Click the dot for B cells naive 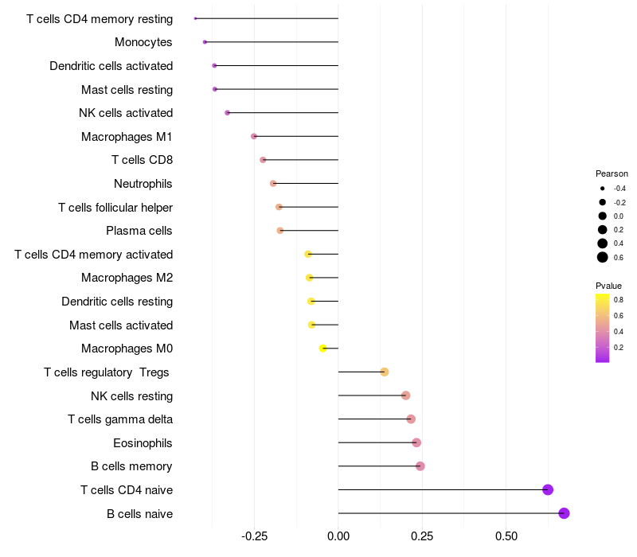click(564, 513)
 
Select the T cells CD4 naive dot click(548, 489)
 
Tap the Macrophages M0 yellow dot click(323, 349)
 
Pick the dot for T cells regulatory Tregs click(384, 372)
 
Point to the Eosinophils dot click(416, 442)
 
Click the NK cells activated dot click(228, 113)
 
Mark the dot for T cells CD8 click(263, 160)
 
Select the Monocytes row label click(143, 42)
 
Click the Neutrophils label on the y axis click(143, 184)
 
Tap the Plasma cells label click(139, 231)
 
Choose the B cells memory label click(132, 466)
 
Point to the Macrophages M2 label click(127, 278)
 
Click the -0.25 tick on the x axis click(254, 537)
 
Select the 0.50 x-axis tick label click(506, 537)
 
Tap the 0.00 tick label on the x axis click(338, 537)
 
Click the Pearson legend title click(612, 173)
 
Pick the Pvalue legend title click(608, 286)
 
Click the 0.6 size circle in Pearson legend click(603, 257)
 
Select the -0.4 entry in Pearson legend click(603, 189)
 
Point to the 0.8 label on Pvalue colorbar click(619, 300)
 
